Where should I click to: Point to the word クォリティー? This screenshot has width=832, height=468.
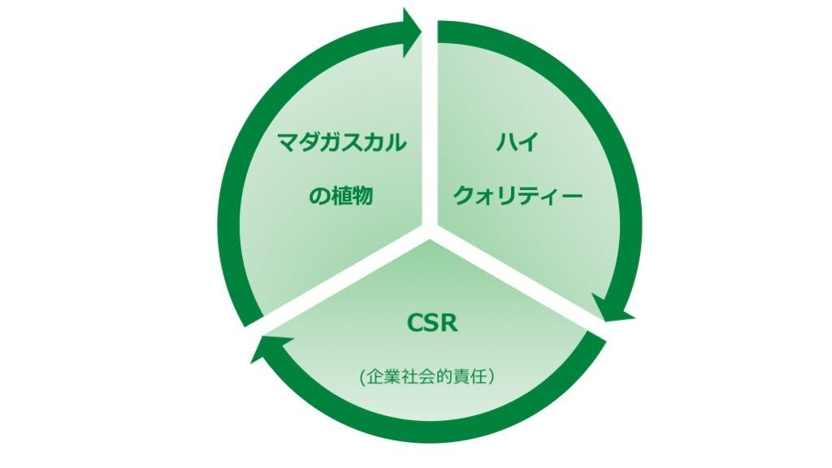[x=518, y=196]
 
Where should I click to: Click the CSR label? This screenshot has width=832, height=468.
[x=432, y=323]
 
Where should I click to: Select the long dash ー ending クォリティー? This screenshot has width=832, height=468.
[x=571, y=196]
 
